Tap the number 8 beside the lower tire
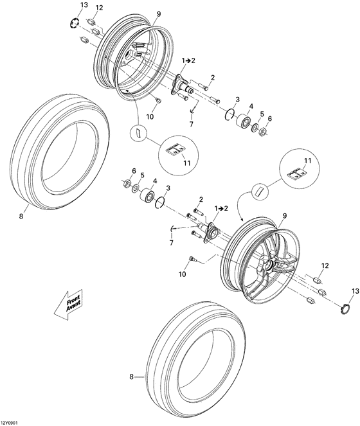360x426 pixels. pyautogui.click(x=132, y=378)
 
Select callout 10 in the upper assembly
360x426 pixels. pyautogui.click(x=150, y=116)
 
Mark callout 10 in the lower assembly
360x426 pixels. pyautogui.click(x=182, y=274)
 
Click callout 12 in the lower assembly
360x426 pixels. pyautogui.click(x=325, y=265)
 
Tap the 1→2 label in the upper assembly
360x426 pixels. pyautogui.click(x=188, y=60)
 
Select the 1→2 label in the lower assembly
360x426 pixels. pyautogui.click(x=221, y=209)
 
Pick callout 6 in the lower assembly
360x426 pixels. pyautogui.click(x=133, y=171)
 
